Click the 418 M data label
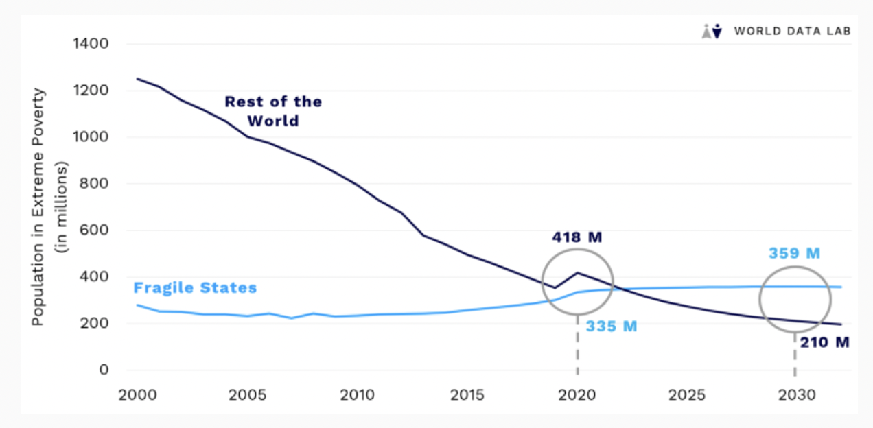(577, 238)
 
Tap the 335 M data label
(612, 326)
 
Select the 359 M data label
(794, 253)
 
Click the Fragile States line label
(195, 287)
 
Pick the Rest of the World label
(273, 111)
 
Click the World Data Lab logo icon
(712, 31)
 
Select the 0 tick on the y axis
(104, 370)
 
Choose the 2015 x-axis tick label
(467, 395)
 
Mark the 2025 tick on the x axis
(686, 395)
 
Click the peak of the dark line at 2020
(577, 272)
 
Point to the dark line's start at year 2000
(138, 79)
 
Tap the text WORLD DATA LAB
(792, 31)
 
